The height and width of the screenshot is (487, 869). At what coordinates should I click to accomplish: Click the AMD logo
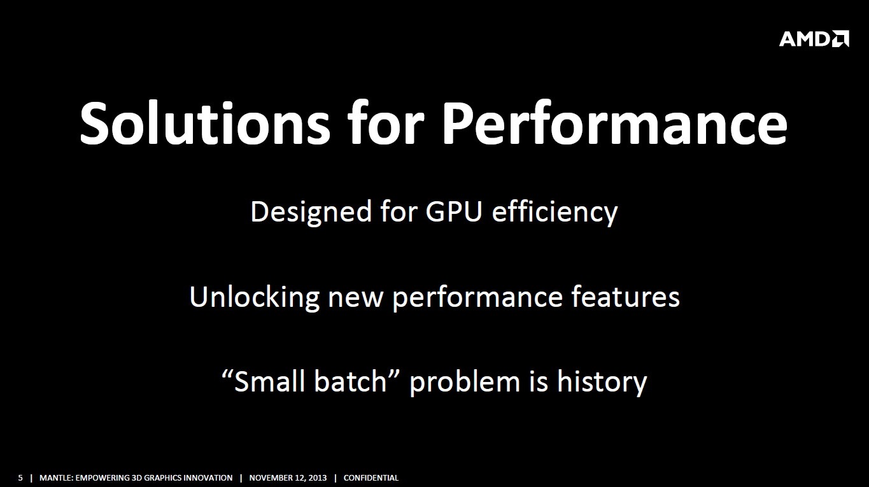tap(814, 38)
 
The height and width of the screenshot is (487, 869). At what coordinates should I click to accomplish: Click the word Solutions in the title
tap(205, 123)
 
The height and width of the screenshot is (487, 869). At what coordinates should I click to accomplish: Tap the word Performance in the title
tap(615, 123)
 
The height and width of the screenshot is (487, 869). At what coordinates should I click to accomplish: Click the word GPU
tap(454, 211)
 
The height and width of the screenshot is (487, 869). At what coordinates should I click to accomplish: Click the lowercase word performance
tap(477, 299)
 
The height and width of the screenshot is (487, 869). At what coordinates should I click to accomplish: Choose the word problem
tap(465, 383)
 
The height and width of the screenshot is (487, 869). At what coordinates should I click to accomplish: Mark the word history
tap(602, 383)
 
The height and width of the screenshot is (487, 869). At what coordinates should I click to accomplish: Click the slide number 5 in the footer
tap(20, 477)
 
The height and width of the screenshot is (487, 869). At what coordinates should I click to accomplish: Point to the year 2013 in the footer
tap(316, 477)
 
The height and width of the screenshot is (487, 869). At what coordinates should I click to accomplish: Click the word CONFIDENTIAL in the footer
tap(371, 477)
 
